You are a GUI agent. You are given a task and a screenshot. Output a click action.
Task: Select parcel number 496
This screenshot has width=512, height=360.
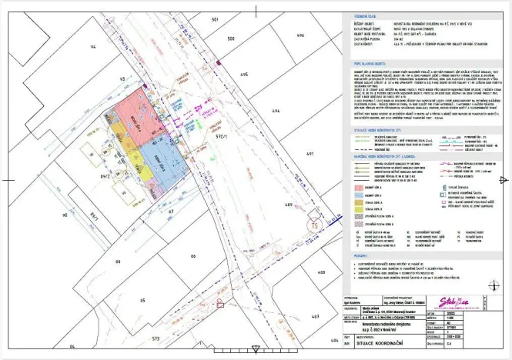pyautogui.click(x=300, y=35)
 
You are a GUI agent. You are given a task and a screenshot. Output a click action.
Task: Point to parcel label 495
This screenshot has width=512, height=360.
pyautogui.click(x=243, y=75)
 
